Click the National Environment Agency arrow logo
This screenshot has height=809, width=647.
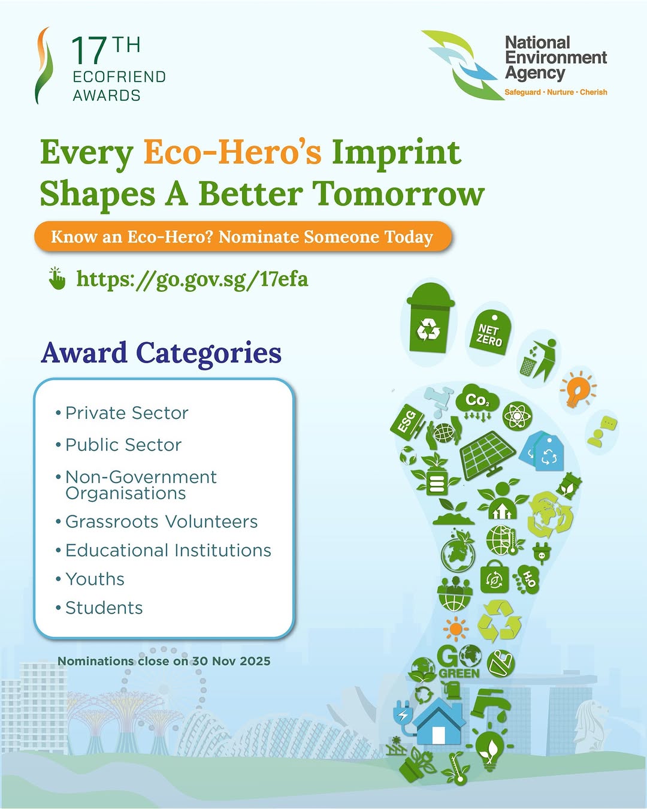[x=463, y=65]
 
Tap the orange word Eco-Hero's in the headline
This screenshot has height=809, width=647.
[x=232, y=152]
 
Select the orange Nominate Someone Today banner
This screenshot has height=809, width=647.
[x=243, y=237]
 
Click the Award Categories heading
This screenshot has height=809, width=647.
[x=161, y=354]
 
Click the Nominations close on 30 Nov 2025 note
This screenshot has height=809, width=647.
[x=164, y=661]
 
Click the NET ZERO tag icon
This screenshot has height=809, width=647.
[x=490, y=333]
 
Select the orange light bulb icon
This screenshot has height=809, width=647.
[x=578, y=390]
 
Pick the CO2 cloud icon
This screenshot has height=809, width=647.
[x=477, y=403]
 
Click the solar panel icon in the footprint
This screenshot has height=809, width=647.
[x=488, y=455]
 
